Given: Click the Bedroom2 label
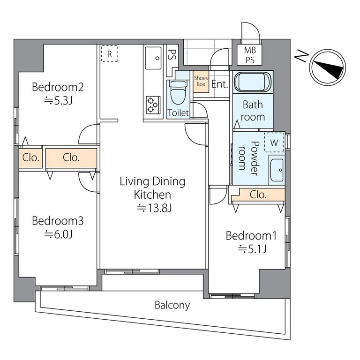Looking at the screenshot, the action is (58, 87).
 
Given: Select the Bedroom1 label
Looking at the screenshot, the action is (251, 236).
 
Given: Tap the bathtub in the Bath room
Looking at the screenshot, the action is (253, 82).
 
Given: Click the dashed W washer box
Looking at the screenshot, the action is (274, 142).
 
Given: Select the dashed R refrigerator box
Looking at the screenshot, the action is (109, 53).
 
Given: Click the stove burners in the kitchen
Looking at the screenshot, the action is (153, 105).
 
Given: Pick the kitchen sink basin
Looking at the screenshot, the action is (153, 58).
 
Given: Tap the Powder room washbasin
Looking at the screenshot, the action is (277, 170).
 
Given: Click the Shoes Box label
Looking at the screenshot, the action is (201, 81).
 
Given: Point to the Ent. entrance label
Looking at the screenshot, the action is (219, 84).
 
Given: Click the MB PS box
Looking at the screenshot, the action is (250, 55).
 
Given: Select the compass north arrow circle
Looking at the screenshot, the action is (327, 67).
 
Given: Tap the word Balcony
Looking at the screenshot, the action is (172, 305).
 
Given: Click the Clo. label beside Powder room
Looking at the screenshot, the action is (258, 195).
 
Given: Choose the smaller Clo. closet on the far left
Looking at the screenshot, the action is (30, 158).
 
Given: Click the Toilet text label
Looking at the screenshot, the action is (178, 112).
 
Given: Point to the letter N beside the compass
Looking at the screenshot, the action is (301, 56).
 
